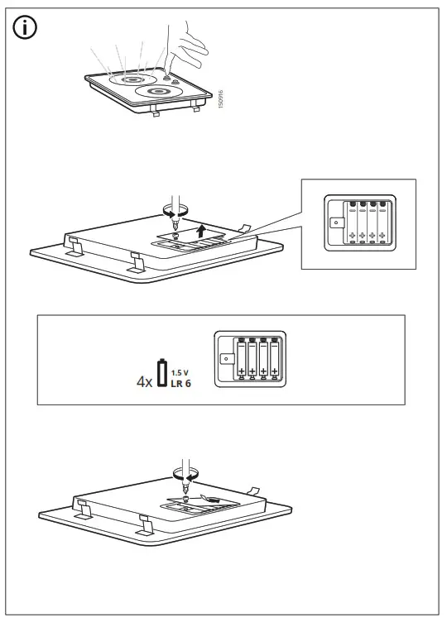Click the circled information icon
point(25,28)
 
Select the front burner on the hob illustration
point(158,90)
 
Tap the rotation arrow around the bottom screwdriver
point(183,474)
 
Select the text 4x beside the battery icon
point(144,383)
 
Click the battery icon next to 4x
point(162,374)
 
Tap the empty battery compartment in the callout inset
point(358,222)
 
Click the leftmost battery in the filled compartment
point(242,358)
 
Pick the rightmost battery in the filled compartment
point(274,358)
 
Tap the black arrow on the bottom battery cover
point(211,499)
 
